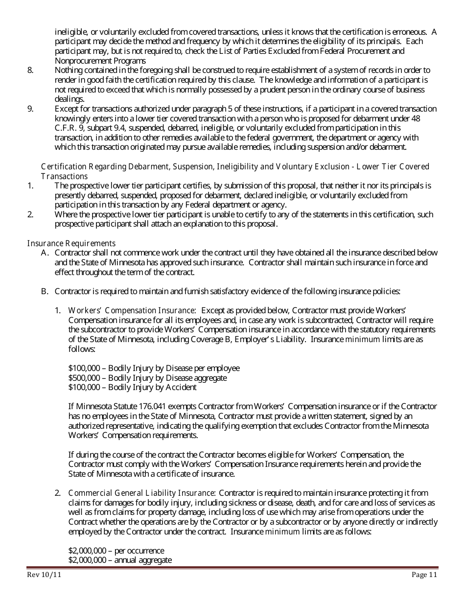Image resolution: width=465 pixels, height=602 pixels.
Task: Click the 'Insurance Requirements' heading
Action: click(x=71, y=243)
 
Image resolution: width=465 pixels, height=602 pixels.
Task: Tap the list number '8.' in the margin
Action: click(x=30, y=70)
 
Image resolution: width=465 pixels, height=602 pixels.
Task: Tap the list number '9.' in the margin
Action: click(x=30, y=109)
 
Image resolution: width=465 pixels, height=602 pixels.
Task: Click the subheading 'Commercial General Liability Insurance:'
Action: click(x=142, y=493)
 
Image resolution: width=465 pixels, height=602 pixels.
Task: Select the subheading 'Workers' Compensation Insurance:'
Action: click(x=132, y=310)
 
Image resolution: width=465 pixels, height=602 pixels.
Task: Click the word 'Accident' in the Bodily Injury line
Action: click(x=181, y=388)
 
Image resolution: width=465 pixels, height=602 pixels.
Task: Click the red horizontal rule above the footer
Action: click(x=232, y=568)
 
